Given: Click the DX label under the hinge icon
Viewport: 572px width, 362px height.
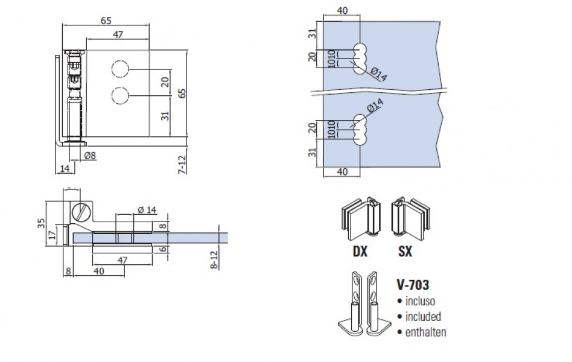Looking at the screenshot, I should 360,252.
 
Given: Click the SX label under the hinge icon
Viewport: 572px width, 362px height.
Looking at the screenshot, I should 405,252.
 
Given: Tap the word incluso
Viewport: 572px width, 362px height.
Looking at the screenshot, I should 421,300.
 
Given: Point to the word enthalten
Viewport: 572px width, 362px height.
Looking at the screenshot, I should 425,332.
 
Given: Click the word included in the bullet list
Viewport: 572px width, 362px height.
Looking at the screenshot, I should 422,316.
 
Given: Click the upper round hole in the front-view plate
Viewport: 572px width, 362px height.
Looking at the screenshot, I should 120,69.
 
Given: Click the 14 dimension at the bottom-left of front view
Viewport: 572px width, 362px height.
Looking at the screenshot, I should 63,169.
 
